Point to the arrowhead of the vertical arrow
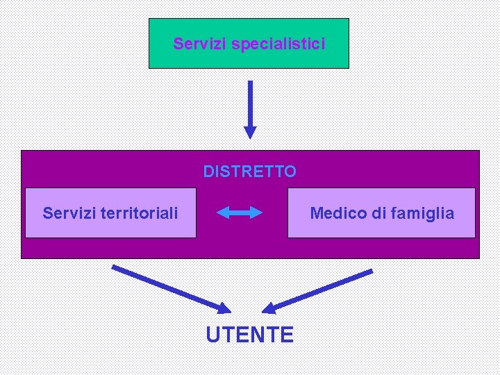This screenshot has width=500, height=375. [x=250, y=132]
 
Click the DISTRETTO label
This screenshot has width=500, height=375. [x=250, y=171]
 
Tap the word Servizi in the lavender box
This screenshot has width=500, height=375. [x=67, y=212]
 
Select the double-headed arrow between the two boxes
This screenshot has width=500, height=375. [x=240, y=212]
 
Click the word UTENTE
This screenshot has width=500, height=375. [x=250, y=335]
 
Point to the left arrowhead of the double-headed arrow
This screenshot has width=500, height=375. [x=222, y=212]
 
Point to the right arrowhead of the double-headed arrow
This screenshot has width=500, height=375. [x=258, y=212]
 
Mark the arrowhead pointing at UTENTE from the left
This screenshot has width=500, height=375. [x=224, y=308]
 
